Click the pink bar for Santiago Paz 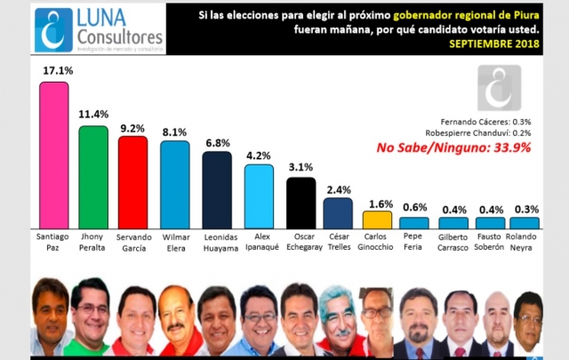tap(54, 155)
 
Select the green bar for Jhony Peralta tap(93, 177)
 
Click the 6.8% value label tap(217, 141)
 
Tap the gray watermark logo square tap(499, 87)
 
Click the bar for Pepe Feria tap(413, 223)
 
